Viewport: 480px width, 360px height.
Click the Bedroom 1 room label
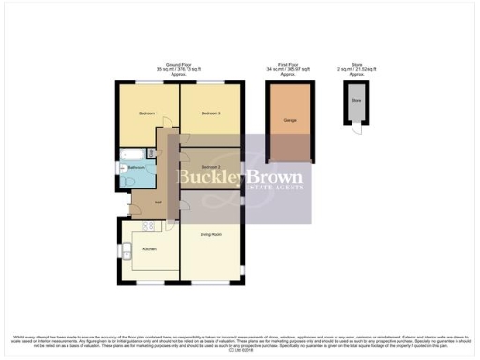(147, 113)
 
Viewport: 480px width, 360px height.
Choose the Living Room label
(210, 234)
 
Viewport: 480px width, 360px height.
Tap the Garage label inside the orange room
(290, 120)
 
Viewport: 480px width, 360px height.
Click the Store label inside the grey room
(355, 99)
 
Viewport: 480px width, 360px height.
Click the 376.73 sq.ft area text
(186, 69)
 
